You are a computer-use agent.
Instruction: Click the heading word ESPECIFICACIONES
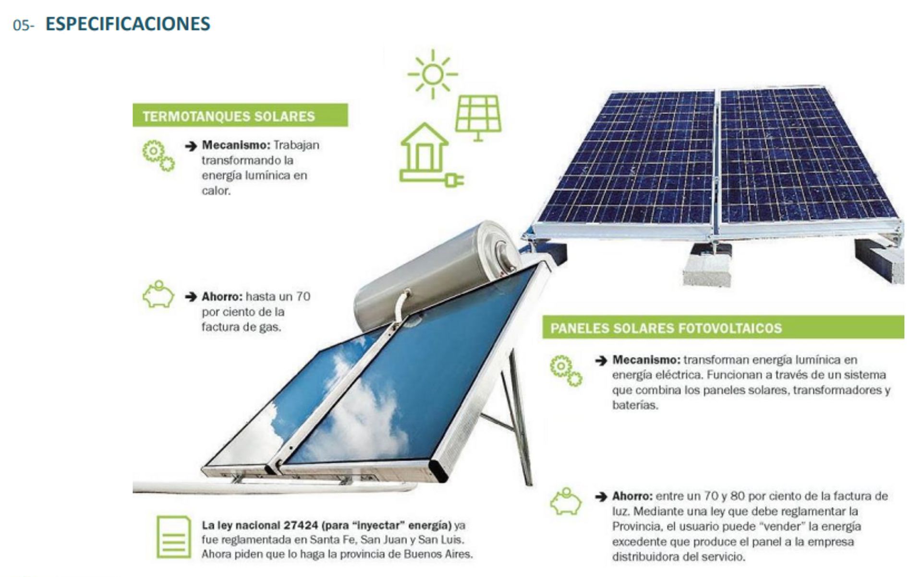(x=128, y=24)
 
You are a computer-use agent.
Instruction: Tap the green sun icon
(x=433, y=74)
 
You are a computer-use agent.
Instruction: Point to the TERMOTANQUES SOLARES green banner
(x=240, y=116)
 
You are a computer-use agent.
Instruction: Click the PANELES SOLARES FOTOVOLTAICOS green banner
(x=723, y=328)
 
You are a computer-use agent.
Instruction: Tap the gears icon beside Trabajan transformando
(x=158, y=155)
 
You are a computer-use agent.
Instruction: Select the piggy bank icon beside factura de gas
(x=158, y=294)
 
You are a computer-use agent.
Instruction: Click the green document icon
(x=173, y=537)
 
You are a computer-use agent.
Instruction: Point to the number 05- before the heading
(x=24, y=25)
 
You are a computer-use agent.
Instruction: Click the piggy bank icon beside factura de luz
(x=566, y=501)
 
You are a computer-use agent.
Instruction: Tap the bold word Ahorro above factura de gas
(x=222, y=296)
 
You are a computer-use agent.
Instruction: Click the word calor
(x=216, y=190)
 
